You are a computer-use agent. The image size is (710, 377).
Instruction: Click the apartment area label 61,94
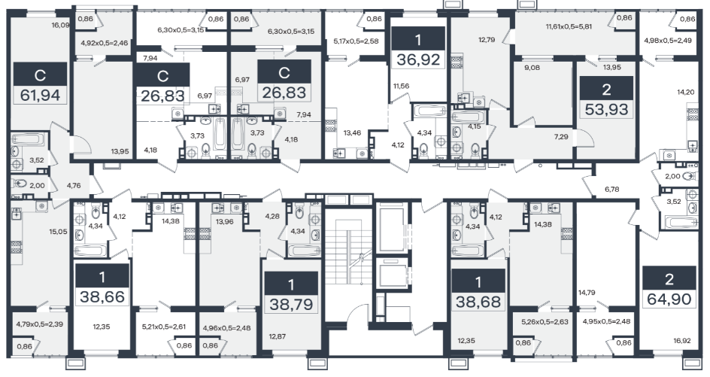point(41,96)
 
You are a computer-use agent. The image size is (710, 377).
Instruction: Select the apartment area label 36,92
point(418,59)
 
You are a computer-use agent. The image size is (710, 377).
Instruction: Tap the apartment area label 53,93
point(606,109)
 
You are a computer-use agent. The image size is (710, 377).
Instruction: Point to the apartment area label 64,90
point(669,299)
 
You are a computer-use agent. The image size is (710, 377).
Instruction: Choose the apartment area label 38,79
point(291,304)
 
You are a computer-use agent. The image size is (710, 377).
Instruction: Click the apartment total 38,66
point(102,296)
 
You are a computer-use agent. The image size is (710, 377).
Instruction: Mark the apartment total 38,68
point(478,301)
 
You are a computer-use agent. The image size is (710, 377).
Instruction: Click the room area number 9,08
point(532,68)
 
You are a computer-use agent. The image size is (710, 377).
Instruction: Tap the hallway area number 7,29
point(561,136)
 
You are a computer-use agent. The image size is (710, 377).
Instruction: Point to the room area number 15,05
point(58,231)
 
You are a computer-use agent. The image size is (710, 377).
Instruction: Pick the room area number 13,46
point(352,132)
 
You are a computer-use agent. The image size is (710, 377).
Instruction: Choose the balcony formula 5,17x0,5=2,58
point(356,41)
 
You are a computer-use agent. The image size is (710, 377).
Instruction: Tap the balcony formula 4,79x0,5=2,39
point(38,324)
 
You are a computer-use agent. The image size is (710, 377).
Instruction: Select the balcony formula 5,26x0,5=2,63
point(545,322)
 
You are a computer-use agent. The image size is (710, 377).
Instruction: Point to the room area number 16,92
point(682,341)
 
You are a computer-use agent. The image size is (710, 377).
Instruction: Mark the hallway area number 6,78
point(611,189)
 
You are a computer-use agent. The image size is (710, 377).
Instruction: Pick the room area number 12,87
point(278,336)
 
